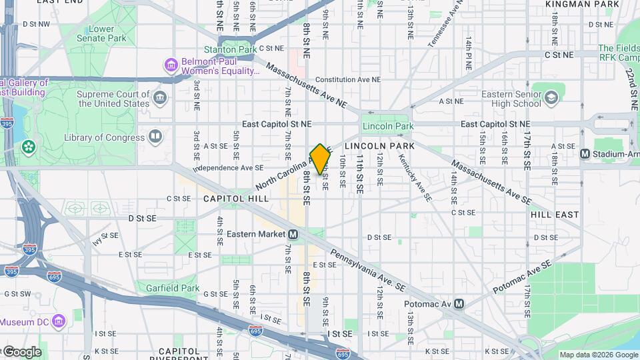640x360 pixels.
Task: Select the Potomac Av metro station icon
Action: [x=459, y=303]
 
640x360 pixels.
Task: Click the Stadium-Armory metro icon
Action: [x=585, y=154]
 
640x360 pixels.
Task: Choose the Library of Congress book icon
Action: [x=155, y=137]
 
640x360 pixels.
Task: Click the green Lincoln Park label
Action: [x=387, y=126]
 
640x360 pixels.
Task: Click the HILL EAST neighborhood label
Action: [x=555, y=215]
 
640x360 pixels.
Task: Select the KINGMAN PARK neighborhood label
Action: [x=578, y=4]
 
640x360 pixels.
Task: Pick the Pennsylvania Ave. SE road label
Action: [x=369, y=265]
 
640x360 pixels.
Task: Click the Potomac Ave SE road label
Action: [x=523, y=277]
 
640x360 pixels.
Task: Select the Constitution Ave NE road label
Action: [x=347, y=79]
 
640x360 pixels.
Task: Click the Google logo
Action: [x=21, y=351]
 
